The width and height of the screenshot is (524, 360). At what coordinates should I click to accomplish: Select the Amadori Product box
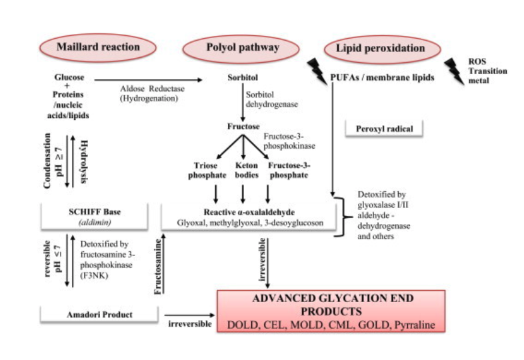coord(97,313)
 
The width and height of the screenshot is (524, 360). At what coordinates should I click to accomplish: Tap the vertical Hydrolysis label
coord(83,163)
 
